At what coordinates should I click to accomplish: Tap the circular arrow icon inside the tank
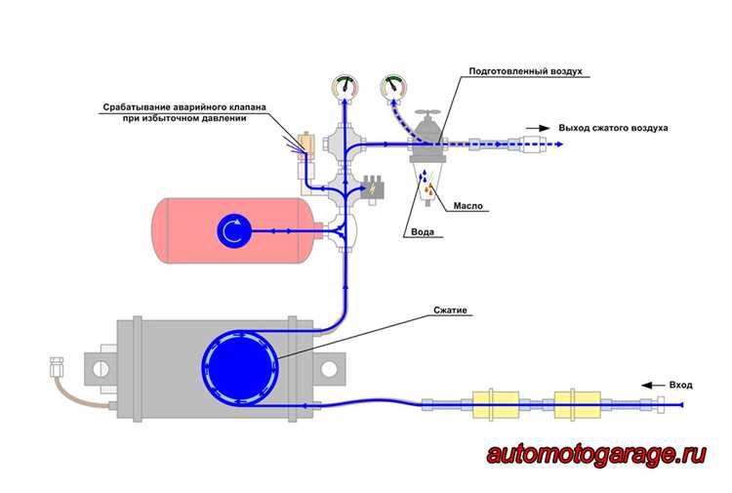(234, 230)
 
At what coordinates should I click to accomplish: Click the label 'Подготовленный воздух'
(526, 71)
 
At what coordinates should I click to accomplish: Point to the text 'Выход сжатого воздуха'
(613, 128)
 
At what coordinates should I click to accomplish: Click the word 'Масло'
(468, 206)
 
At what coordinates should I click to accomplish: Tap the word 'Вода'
(423, 232)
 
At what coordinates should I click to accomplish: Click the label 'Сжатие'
(450, 310)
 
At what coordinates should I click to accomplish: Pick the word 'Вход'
(680, 386)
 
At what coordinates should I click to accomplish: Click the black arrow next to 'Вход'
(653, 386)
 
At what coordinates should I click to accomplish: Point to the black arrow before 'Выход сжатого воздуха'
(538, 128)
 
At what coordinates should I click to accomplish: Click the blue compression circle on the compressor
(240, 367)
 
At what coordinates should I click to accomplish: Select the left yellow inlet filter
(495, 405)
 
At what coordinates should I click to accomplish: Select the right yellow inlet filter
(577, 405)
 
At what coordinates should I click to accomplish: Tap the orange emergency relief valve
(306, 142)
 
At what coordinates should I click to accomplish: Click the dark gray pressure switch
(373, 188)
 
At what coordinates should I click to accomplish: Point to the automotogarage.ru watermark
(596, 454)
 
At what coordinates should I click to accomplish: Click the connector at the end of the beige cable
(57, 367)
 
